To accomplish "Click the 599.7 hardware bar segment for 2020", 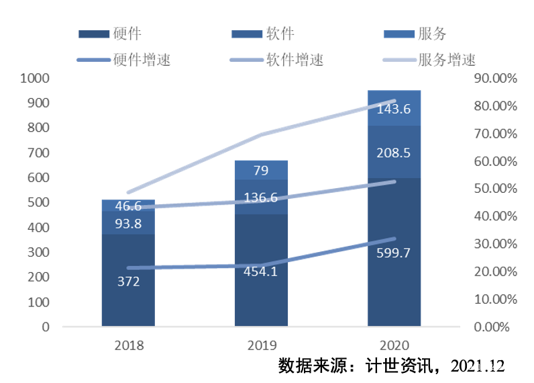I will [394, 282].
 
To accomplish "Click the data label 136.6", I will [261, 198].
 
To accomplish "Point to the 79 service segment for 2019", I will [261, 170].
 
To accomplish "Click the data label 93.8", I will [128, 224].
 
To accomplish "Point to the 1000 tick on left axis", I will [35, 78].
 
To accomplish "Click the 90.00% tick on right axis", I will [495, 78].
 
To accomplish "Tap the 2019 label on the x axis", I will [261, 346].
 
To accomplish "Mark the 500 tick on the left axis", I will [38, 202].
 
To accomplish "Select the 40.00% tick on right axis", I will [495, 216].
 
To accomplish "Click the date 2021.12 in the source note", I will [478, 366].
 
